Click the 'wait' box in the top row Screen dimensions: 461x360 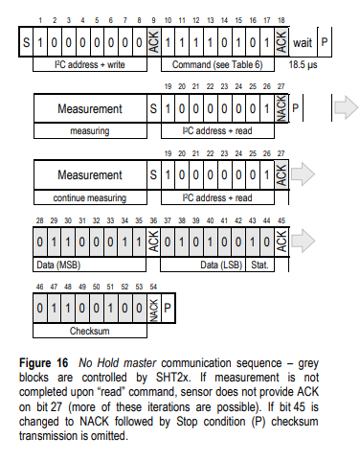[x=303, y=42]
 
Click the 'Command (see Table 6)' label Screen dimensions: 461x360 [x=216, y=64]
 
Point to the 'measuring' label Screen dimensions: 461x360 [x=88, y=128]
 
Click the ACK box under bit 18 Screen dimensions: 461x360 [x=281, y=42]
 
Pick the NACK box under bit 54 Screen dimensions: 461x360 [x=155, y=310]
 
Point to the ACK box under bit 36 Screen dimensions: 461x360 [x=155, y=242]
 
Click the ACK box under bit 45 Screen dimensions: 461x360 [x=281, y=242]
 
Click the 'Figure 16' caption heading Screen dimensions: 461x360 [x=54, y=365]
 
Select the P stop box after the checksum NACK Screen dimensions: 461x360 [x=169, y=309]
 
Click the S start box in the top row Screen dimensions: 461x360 [x=26, y=42]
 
